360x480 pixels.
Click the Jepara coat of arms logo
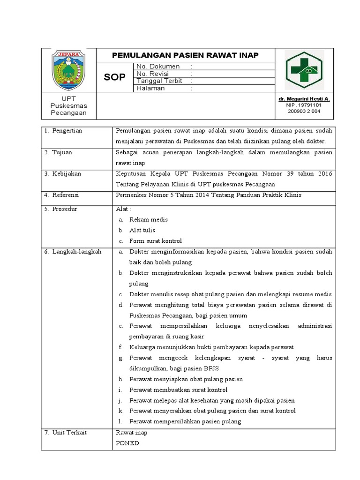68,70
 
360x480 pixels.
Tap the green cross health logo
304,70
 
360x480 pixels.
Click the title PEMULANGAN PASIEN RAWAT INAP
185,55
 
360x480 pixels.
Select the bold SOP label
115,77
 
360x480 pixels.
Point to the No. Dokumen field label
157,67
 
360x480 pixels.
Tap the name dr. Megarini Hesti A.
304,99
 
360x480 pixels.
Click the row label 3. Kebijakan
63,173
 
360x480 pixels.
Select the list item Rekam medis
149,219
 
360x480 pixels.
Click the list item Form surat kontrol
156,241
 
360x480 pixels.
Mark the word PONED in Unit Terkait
127,443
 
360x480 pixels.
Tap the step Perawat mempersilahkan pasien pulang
185,421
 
